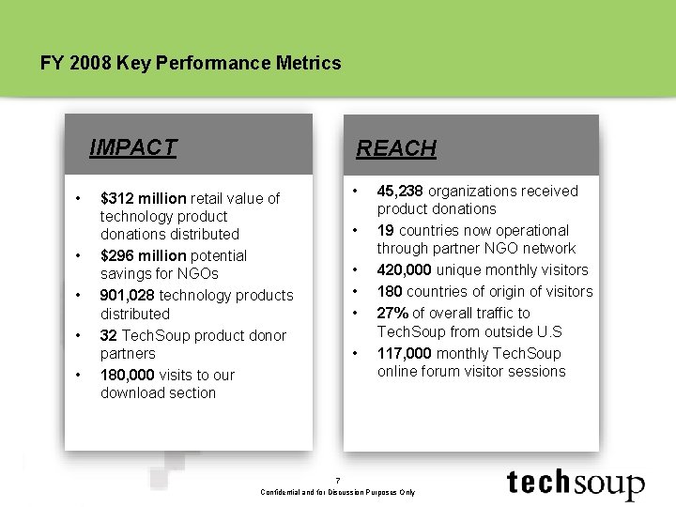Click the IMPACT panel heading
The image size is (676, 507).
coord(132,147)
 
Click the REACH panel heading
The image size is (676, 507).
coord(395,148)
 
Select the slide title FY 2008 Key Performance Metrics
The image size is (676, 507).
coord(191,64)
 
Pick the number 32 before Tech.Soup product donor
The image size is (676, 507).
coord(109,335)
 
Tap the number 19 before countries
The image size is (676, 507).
coord(386,230)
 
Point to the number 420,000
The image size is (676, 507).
coord(405,269)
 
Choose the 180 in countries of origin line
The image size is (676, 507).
coord(390,291)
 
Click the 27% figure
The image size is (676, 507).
coord(392,313)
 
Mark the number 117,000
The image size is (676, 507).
coord(405,353)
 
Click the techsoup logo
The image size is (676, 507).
coord(576,483)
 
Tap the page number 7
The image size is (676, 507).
coord(339,480)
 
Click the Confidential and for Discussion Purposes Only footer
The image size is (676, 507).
coord(338,492)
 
